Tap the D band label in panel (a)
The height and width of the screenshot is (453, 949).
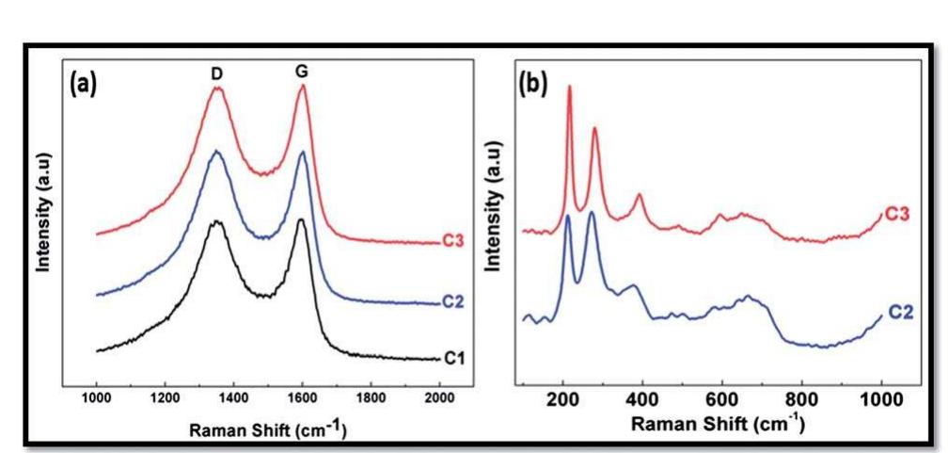[217, 71]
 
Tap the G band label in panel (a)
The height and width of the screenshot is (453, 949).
[302, 71]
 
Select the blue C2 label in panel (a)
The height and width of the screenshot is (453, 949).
[453, 302]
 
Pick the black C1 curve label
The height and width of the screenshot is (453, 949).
[453, 358]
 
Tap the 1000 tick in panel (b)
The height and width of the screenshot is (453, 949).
[879, 398]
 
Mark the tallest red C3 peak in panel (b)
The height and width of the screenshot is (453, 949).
[569, 87]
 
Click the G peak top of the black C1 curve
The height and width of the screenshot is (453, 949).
[300, 220]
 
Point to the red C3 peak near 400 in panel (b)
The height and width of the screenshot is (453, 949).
[639, 195]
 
